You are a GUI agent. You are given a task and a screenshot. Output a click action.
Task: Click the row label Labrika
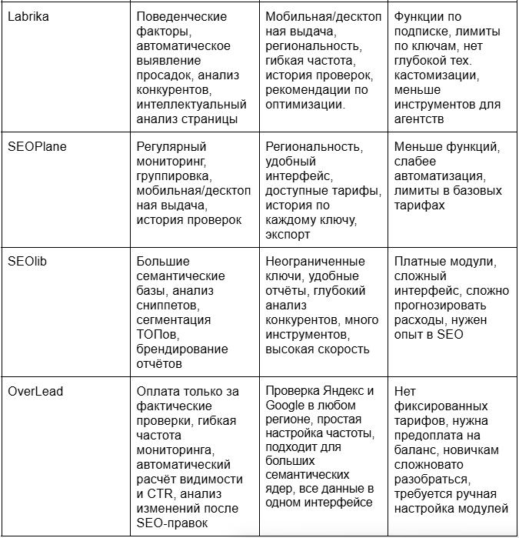pos(28,16)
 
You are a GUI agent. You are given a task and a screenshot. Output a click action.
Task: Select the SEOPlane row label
pos(36,146)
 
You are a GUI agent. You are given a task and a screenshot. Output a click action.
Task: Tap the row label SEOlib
pos(28,262)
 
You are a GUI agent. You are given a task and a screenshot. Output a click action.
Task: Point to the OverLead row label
pos(35,391)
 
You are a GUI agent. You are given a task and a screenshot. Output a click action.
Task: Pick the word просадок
pos(165,75)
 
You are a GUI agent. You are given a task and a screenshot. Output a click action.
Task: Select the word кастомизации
pos(435,75)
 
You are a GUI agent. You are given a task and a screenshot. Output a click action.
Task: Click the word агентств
pos(420,119)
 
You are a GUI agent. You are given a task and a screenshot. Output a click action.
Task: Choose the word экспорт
pos(289,234)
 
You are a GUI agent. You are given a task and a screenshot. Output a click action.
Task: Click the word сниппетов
pos(167,306)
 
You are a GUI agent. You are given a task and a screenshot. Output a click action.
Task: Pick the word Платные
pos(420,262)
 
